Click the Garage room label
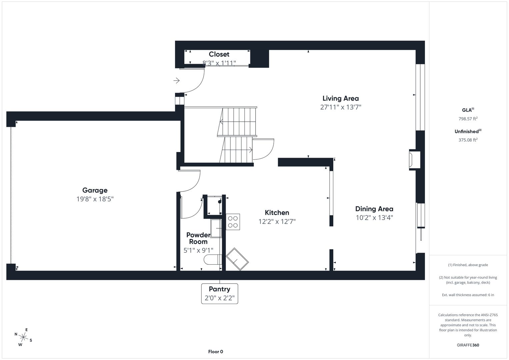pos(95,190)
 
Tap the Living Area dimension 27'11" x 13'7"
pos(341,107)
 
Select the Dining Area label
pos(374,209)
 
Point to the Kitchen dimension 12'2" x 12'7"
pos(277,221)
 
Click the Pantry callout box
pos(220,294)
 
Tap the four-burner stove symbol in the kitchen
pos(233,222)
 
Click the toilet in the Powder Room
pos(213,260)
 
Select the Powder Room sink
pos(216,228)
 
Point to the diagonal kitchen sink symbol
pos(237,259)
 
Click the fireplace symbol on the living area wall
pos(414,160)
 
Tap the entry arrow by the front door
pos(177,80)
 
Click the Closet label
pos(219,54)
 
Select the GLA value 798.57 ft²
pos(468,119)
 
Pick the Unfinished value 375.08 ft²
pos(468,140)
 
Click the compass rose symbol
pos(23,337)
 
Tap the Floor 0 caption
pos(216,352)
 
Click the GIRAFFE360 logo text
pos(468,345)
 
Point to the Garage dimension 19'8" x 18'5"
pos(95,199)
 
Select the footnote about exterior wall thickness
pos(468,295)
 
